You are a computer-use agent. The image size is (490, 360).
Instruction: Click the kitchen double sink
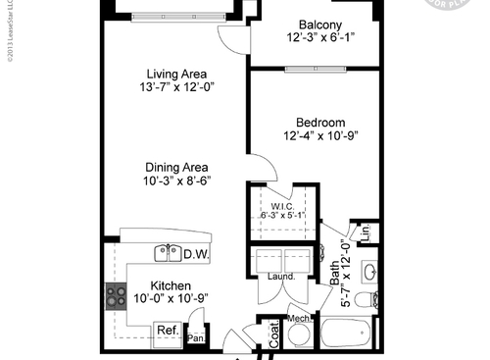(167, 253)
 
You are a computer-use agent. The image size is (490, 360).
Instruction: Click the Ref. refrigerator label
(168, 331)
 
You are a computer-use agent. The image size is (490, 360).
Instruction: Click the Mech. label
(299, 319)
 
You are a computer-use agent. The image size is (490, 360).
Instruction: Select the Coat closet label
(274, 335)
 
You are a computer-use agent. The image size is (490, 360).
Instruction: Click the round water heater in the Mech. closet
(300, 336)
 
